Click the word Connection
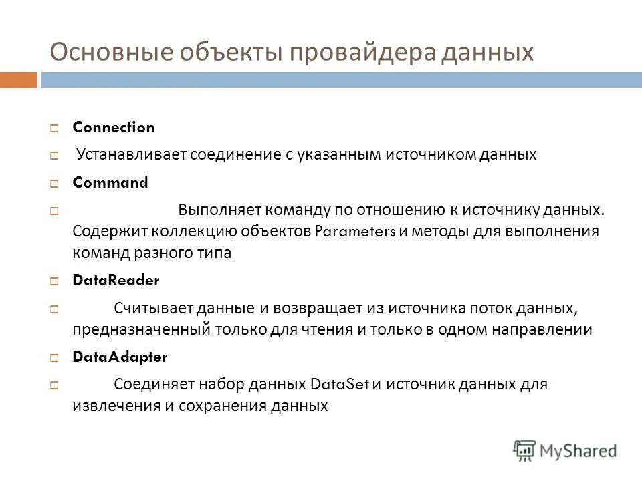(113, 127)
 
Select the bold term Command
(110, 182)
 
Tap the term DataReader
(116, 281)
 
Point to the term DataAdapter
(120, 357)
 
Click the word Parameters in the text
(355, 232)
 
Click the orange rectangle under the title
(18, 80)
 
